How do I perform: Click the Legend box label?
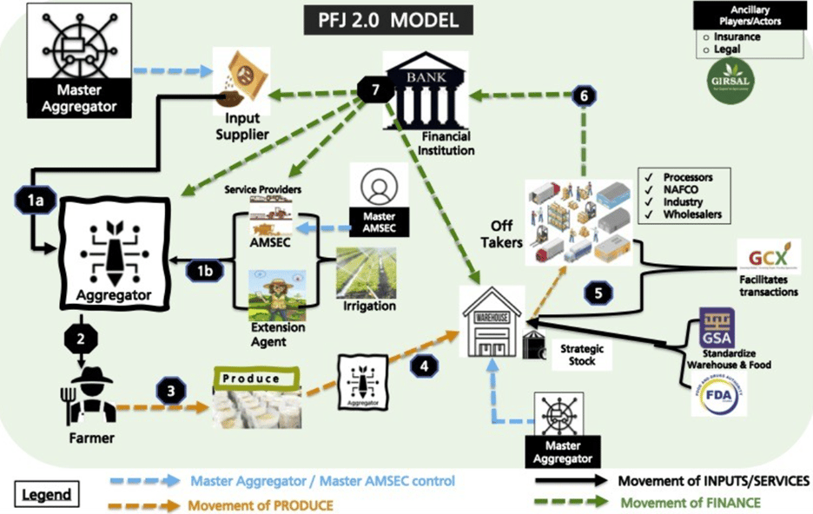(x=44, y=496)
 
